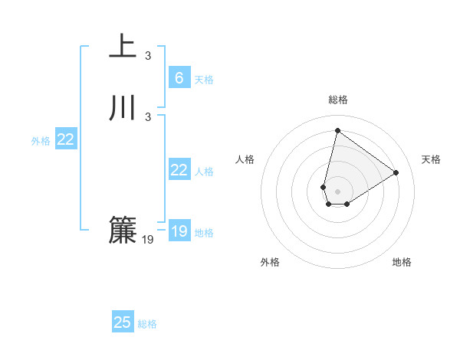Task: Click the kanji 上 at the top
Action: (x=123, y=47)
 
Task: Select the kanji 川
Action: (x=123, y=108)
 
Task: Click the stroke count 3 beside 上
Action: (x=148, y=56)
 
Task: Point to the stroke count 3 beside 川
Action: (x=148, y=116)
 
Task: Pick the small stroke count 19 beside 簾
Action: (x=148, y=240)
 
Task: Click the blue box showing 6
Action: (x=179, y=78)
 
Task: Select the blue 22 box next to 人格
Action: (x=179, y=170)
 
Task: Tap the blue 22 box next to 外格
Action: (x=66, y=139)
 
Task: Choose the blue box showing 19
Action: (x=179, y=231)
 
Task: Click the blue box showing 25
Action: (x=123, y=322)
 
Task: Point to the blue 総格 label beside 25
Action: (x=147, y=324)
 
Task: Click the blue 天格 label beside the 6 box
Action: (x=204, y=80)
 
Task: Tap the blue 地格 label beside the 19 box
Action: (x=204, y=233)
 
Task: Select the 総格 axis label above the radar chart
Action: (x=338, y=100)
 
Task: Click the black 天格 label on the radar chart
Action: (x=431, y=159)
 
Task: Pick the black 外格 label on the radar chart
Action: (x=270, y=262)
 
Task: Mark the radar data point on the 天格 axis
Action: (x=396, y=172)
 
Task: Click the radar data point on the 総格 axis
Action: (x=337, y=129)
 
